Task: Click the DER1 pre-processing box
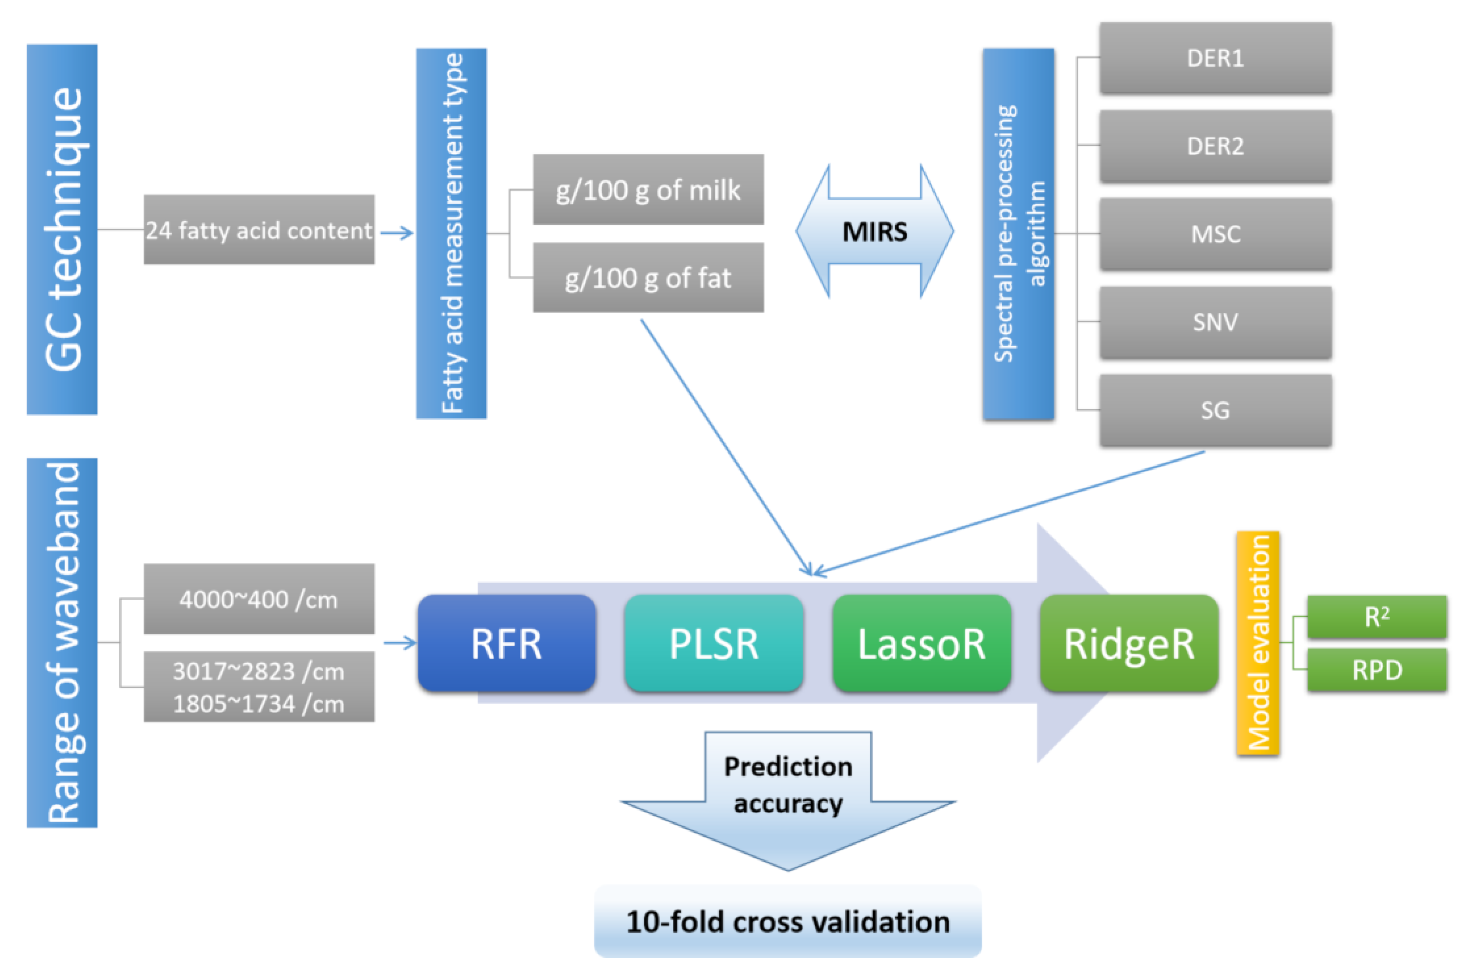click(x=1215, y=58)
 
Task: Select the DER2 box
click(x=1215, y=146)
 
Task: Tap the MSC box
click(x=1215, y=234)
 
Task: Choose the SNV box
click(x=1215, y=322)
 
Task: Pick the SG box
click(x=1215, y=410)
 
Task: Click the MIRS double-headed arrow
click(x=875, y=231)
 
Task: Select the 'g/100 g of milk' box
click(x=648, y=189)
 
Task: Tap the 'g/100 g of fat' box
click(x=648, y=277)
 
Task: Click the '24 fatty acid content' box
click(x=259, y=230)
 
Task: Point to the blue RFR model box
click(x=507, y=643)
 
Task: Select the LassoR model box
click(x=922, y=643)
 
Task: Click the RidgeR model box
click(x=1129, y=643)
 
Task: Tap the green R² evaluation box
click(x=1377, y=617)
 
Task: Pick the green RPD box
click(x=1377, y=670)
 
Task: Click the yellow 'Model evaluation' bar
click(x=1258, y=643)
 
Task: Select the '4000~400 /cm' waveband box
click(x=259, y=599)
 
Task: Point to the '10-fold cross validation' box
click(x=788, y=921)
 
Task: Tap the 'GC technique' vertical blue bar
click(x=62, y=230)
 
